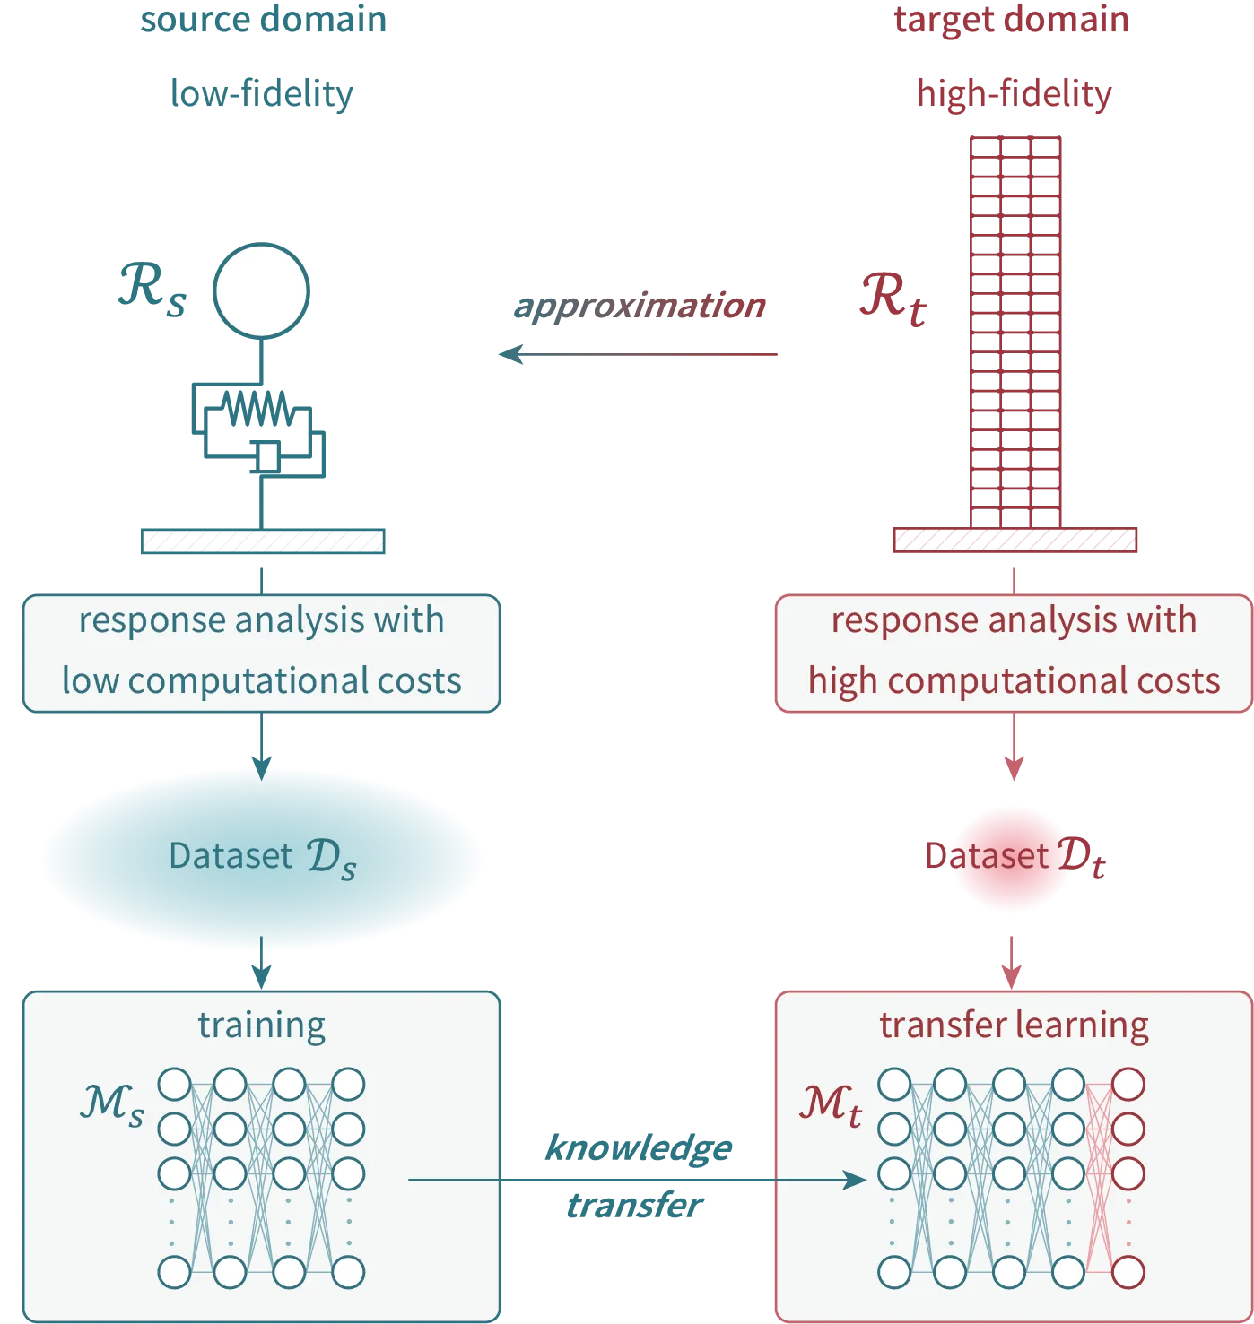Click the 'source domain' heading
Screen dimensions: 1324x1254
click(262, 21)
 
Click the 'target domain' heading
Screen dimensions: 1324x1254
click(1012, 20)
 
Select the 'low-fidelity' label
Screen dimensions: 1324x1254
click(263, 93)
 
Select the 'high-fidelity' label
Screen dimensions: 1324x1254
click(1014, 93)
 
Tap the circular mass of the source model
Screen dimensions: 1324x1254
click(261, 290)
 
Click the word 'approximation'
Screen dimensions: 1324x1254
click(639, 307)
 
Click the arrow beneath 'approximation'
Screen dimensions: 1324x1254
click(639, 355)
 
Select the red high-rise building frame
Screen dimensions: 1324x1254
click(1015, 328)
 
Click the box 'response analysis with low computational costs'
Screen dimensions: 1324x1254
click(261, 653)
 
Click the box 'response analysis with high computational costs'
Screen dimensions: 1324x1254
click(1014, 653)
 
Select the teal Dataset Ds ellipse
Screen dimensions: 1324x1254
click(262, 857)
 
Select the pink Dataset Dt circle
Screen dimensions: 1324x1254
click(1012, 858)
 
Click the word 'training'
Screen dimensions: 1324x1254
click(261, 1025)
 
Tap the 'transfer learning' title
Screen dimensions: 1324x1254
click(1014, 1025)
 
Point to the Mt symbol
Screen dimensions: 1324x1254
click(831, 1104)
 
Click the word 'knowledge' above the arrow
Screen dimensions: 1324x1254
click(639, 1148)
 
